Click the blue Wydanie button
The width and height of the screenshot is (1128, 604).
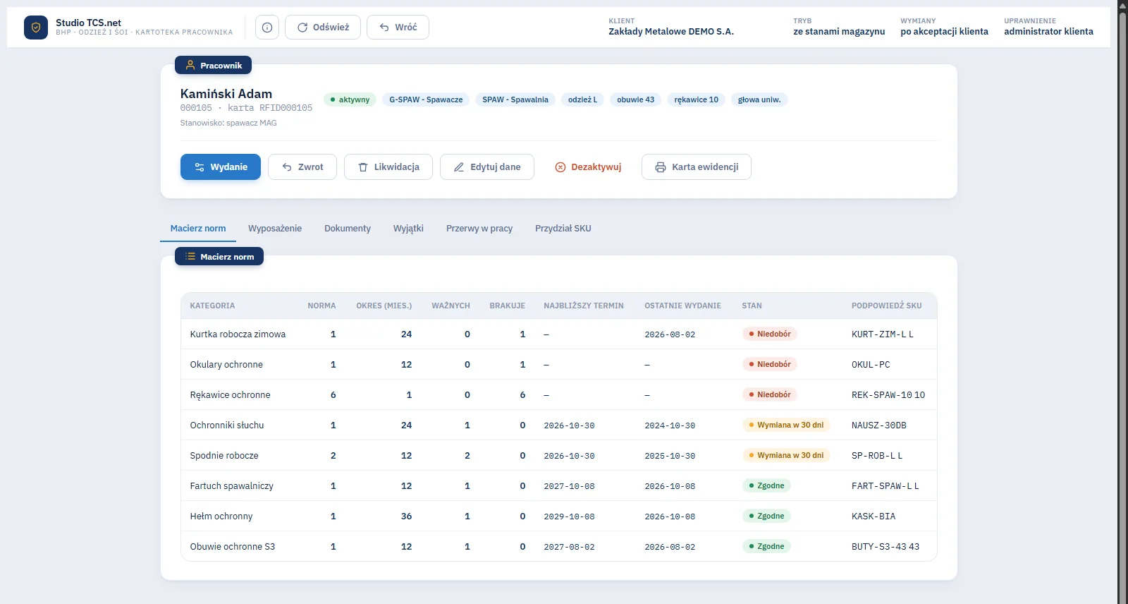point(221,167)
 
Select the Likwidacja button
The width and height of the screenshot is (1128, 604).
point(388,167)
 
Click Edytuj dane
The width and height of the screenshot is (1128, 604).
point(487,167)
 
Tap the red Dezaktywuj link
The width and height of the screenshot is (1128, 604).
point(588,167)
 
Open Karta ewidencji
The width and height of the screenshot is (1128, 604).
point(697,167)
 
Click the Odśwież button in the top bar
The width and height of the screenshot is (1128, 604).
point(323,28)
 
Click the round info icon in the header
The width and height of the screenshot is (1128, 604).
point(267,28)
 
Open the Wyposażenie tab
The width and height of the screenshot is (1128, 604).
point(275,229)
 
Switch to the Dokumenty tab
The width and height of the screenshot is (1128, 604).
point(348,229)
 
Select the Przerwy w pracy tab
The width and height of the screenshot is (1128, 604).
point(479,229)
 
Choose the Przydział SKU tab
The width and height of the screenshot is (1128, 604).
point(563,229)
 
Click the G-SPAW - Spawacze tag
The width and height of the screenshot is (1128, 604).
point(426,99)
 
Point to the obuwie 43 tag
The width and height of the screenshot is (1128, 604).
point(635,99)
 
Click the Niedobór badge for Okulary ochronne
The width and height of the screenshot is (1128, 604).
point(769,364)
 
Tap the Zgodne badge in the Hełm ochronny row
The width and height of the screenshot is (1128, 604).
point(766,516)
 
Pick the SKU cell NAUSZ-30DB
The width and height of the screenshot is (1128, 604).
point(878,425)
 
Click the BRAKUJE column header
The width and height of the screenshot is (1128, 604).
point(507,306)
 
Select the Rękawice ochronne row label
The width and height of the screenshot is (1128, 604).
point(230,394)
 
